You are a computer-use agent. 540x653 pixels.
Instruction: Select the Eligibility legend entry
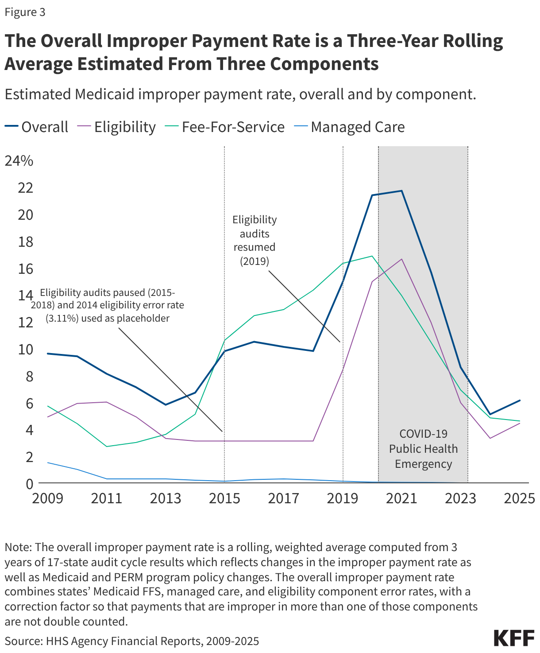click(117, 127)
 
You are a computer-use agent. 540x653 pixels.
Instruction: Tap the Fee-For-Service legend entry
click(226, 127)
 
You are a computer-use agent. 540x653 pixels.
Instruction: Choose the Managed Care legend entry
click(350, 127)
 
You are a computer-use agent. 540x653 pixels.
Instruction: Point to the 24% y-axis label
click(19, 161)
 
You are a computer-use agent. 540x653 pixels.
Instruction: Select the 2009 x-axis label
click(47, 498)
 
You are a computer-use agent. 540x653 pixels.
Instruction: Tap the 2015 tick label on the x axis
click(224, 498)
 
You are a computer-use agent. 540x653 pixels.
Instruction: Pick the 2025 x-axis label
click(520, 498)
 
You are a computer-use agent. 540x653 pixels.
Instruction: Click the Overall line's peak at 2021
click(401, 191)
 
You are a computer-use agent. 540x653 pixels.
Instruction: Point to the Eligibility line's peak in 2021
click(401, 259)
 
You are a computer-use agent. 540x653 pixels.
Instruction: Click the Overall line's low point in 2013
click(166, 404)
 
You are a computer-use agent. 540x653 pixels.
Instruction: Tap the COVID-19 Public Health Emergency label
click(424, 449)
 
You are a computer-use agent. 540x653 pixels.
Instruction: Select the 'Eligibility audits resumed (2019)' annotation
click(255, 240)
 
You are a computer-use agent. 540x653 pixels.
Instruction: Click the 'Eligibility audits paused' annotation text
click(108, 305)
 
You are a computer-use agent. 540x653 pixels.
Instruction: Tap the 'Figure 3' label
click(25, 12)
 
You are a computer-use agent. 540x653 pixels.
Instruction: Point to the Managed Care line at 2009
click(47, 463)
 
